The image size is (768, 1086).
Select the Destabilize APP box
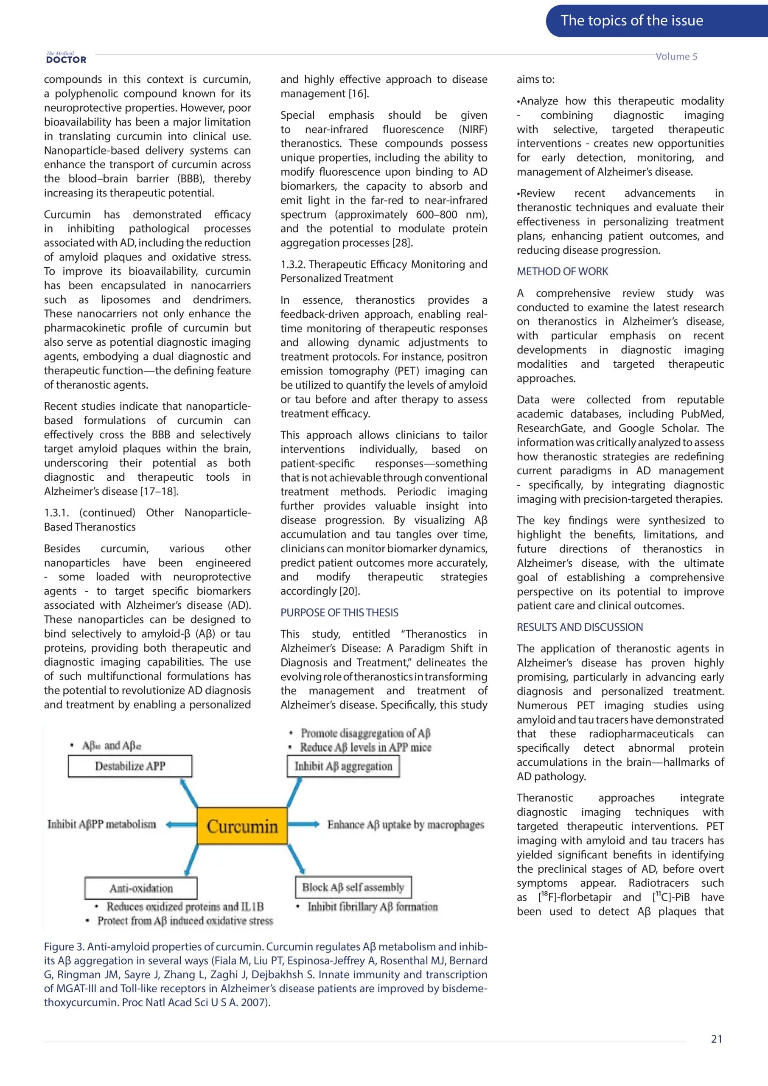(x=130, y=766)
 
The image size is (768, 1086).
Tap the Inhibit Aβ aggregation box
(x=343, y=766)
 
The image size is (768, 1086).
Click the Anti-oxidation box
(x=141, y=888)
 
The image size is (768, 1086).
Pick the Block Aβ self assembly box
(x=353, y=887)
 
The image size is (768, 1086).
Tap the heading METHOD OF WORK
(x=562, y=271)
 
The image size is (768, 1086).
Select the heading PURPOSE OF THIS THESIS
(x=339, y=613)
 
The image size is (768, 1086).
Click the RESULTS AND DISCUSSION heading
(x=580, y=627)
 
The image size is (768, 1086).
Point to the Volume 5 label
(x=676, y=56)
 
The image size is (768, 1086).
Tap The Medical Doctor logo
(x=66, y=58)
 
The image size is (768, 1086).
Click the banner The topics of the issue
(x=632, y=21)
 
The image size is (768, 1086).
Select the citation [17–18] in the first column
(x=159, y=491)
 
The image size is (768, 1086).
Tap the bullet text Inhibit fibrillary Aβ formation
(x=373, y=906)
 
